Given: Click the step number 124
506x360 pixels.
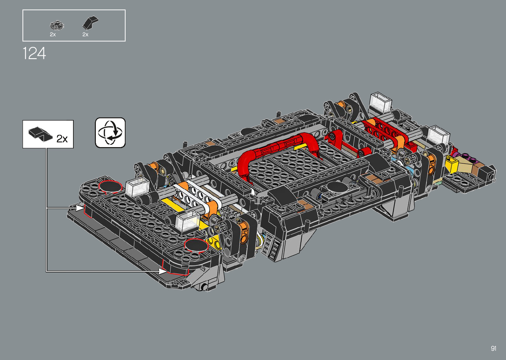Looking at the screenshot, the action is tap(34, 54).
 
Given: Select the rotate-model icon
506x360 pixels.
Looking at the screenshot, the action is tap(110, 133).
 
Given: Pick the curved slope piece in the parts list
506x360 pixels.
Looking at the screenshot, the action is tap(90, 22).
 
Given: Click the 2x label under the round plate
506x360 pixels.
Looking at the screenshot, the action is tap(53, 35).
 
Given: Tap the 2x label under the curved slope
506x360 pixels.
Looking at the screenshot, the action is tap(85, 35).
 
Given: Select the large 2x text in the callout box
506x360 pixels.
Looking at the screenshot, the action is tap(62, 139).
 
